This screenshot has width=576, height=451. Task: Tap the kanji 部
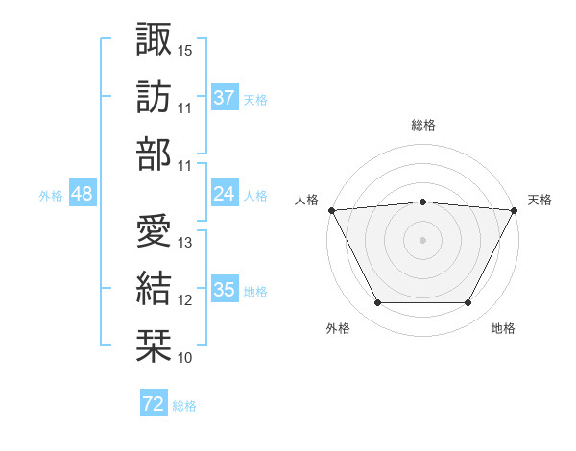point(154,154)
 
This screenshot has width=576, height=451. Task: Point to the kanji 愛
point(154,230)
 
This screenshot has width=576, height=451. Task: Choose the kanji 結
point(154,288)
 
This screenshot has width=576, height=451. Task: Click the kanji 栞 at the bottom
point(154,345)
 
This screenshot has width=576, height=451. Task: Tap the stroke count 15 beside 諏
point(185,50)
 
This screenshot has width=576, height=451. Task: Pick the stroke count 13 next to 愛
point(185,243)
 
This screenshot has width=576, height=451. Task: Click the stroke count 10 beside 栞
point(185,358)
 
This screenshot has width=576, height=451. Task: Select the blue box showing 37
point(224,98)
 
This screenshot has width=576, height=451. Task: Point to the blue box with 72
point(153,405)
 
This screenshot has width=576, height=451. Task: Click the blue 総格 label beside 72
point(184,406)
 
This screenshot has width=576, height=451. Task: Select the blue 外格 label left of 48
point(51,196)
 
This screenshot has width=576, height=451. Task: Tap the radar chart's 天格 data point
point(516,209)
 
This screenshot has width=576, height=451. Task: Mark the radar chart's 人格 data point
point(330,209)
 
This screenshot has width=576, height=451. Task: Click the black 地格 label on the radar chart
point(503,329)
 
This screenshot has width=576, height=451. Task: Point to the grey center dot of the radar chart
point(422,240)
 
